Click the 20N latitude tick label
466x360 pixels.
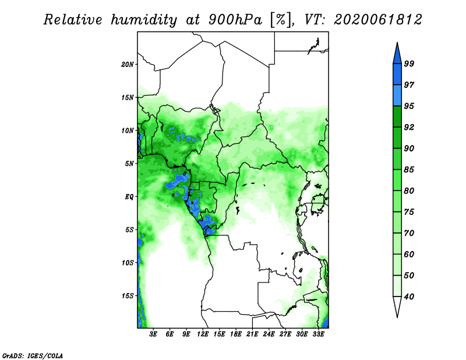click(128, 65)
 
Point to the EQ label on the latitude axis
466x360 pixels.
click(129, 197)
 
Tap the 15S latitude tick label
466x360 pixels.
click(128, 296)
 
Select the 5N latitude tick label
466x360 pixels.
click(129, 164)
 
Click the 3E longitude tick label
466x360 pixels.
click(153, 334)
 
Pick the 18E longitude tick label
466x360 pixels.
click(236, 334)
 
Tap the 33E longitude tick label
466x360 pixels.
click(318, 334)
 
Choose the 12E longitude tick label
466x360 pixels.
click(203, 334)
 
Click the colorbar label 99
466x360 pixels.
click(409, 63)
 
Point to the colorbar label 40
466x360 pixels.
click(409, 297)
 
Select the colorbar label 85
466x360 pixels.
click(409, 170)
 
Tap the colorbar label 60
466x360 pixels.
click(409, 255)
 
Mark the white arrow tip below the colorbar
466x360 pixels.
click(397, 317)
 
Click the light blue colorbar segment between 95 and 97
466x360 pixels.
click(397, 96)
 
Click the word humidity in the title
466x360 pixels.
click(144, 20)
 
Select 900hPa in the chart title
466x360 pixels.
click(235, 20)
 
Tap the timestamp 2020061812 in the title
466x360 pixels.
click(378, 20)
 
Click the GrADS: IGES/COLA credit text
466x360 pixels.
click(33, 356)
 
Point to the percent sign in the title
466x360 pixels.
click(281, 20)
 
